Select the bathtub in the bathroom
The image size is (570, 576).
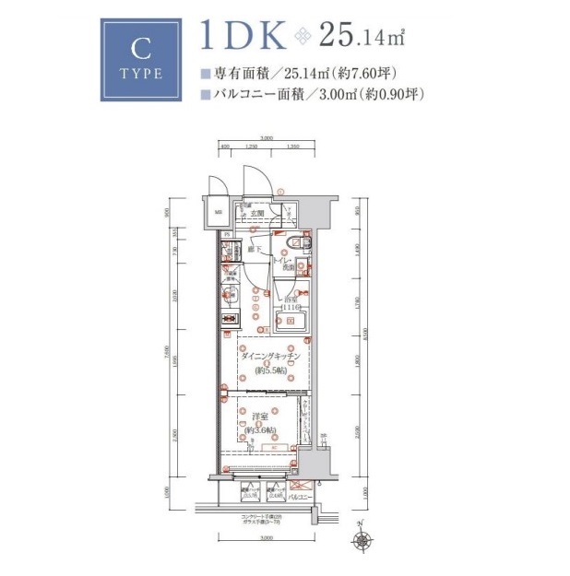291,322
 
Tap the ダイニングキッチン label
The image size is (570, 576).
267,357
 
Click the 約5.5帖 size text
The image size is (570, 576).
267,370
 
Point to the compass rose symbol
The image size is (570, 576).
365,536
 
